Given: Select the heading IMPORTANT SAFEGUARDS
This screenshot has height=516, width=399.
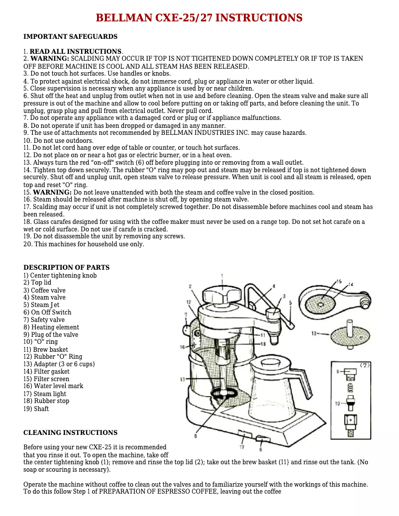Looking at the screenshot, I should pos(71,36).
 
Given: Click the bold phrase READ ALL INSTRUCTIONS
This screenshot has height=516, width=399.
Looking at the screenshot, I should pos(76,51).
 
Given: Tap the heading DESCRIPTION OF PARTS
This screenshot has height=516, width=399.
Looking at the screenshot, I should pos(67,267).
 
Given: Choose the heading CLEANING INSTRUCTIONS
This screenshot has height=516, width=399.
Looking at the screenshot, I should pos(71,432).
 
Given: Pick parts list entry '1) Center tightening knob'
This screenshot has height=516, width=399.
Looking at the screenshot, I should pos(60,275).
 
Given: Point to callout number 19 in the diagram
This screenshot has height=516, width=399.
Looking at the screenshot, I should pos(183,380).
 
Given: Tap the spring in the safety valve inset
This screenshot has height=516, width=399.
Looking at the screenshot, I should pos(349,387).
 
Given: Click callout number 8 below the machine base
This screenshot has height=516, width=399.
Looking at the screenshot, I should pos(196,436).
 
